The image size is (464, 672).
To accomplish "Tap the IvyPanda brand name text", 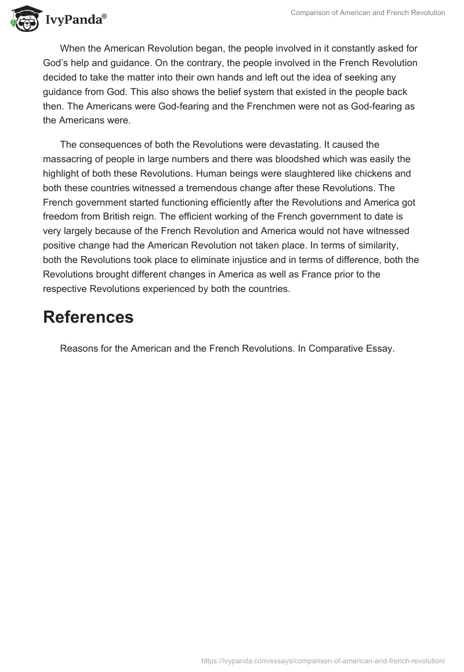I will tap(74, 19).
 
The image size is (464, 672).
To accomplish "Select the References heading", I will tap(88, 317).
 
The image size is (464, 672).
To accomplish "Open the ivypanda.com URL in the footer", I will tap(323, 660).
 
